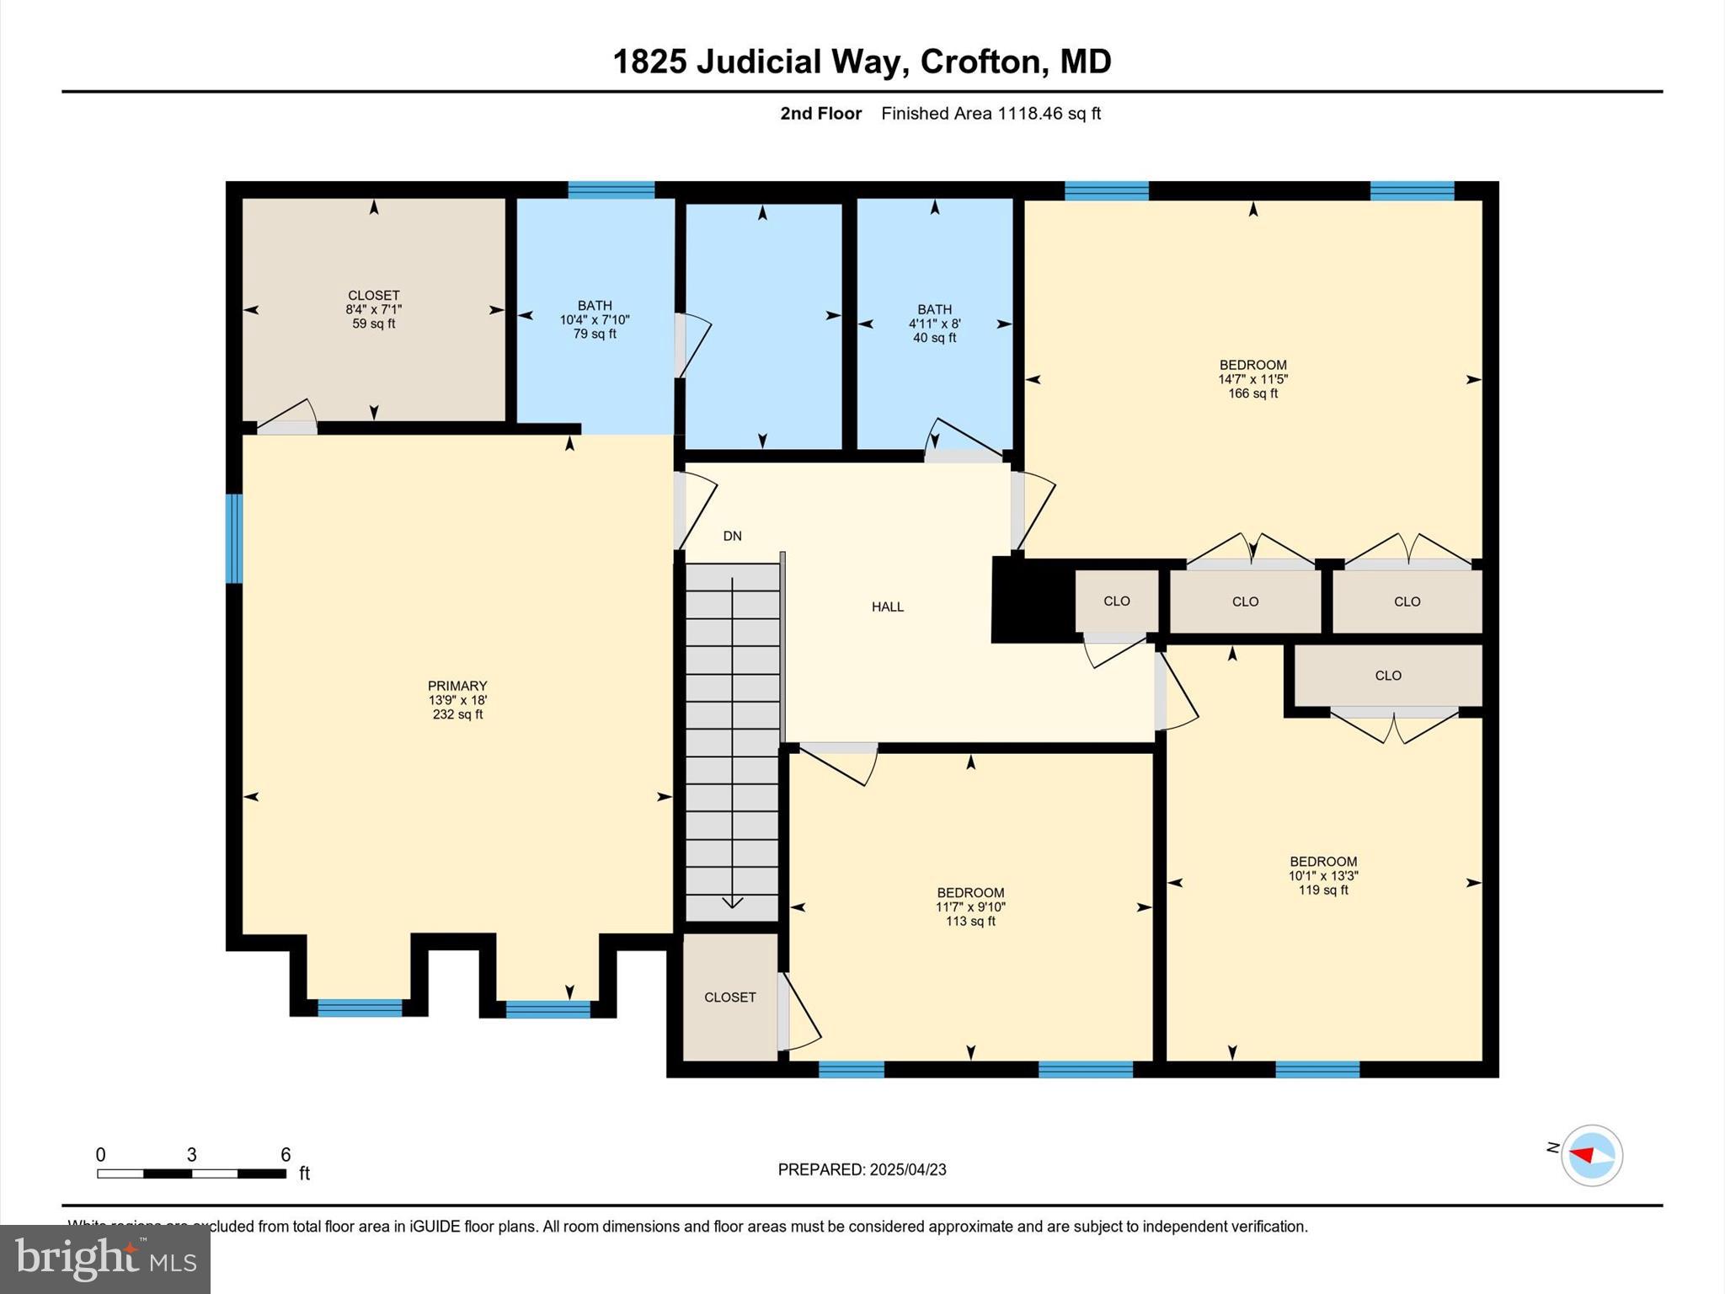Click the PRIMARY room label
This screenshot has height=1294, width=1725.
457,686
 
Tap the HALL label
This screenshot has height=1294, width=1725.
887,607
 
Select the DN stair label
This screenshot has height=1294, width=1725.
732,536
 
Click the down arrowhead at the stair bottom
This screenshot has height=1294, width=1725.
732,902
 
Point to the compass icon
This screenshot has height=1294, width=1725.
1591,1155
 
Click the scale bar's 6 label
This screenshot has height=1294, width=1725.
286,1154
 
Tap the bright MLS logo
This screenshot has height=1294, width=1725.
104,1259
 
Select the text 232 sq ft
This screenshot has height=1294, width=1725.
457,714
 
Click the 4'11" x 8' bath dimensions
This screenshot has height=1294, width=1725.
934,323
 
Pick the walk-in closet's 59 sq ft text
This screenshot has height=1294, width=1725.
373,323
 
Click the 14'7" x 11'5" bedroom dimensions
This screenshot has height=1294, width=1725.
1252,379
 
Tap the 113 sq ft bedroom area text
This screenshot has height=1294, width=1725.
970,922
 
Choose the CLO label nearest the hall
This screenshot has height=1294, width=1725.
1116,601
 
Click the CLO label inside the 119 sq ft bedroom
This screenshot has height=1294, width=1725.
1387,676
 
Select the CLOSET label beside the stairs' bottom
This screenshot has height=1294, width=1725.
729,997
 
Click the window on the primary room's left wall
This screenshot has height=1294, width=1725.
234,538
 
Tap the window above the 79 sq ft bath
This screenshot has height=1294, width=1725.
611,190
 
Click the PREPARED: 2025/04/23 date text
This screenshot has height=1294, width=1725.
862,1169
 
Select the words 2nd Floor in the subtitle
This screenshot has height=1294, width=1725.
820,114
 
